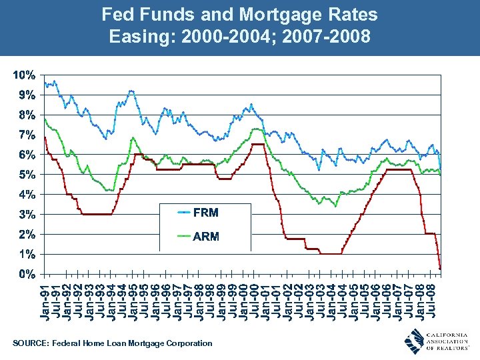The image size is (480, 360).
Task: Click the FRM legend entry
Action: (x=205, y=213)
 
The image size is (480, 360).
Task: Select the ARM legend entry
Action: (x=205, y=237)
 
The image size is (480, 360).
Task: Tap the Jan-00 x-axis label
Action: (x=245, y=299)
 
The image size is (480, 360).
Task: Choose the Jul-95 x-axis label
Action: (x=145, y=299)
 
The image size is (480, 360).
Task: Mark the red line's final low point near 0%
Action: (x=440, y=268)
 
